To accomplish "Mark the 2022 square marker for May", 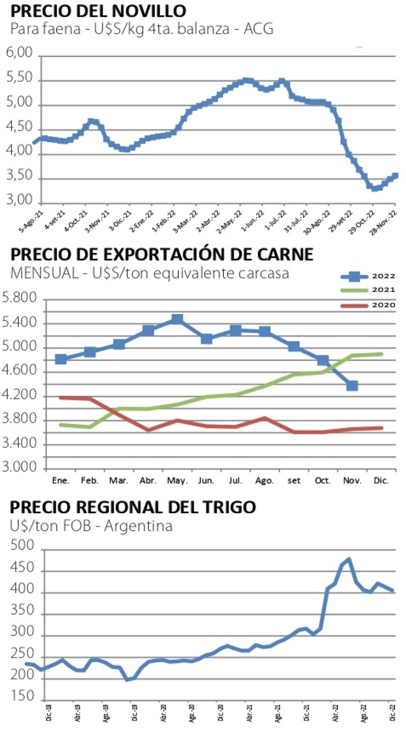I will [x=177, y=319].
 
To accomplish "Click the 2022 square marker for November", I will [x=352, y=386].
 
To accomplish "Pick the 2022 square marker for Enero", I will [x=61, y=359].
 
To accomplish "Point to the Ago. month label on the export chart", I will [x=265, y=481].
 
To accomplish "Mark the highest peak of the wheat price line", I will [x=348, y=559].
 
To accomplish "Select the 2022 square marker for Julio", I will [x=235, y=330].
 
